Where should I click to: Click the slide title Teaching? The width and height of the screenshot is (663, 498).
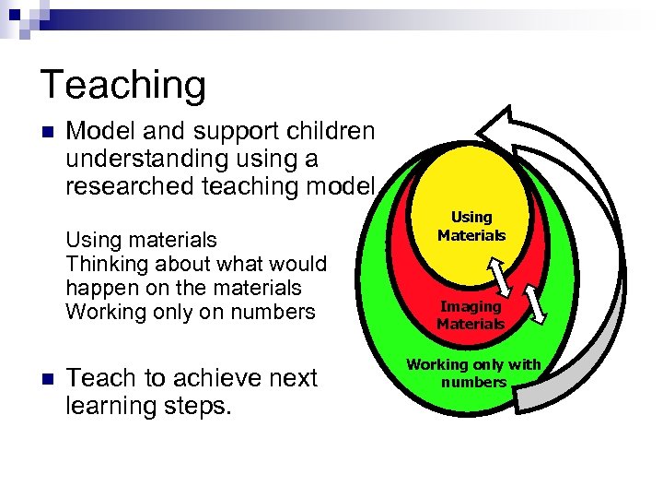point(123,85)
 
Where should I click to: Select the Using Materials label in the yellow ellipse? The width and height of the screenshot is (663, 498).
point(471,226)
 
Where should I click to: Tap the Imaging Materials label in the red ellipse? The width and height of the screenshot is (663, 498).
point(471,314)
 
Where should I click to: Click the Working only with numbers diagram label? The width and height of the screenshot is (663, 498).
point(473,373)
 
